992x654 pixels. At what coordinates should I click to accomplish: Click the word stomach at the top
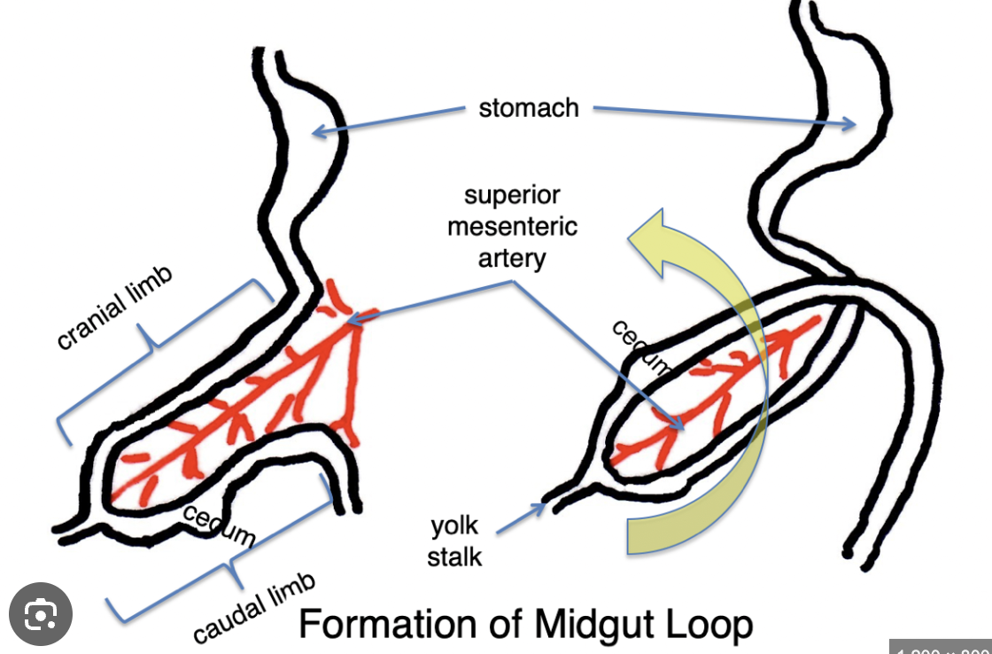click(528, 108)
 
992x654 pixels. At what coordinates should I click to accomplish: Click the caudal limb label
click(254, 609)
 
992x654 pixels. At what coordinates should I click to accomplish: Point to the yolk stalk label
click(455, 541)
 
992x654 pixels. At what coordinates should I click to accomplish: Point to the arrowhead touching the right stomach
click(850, 124)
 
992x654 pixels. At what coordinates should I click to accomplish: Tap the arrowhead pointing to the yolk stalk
click(541, 507)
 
